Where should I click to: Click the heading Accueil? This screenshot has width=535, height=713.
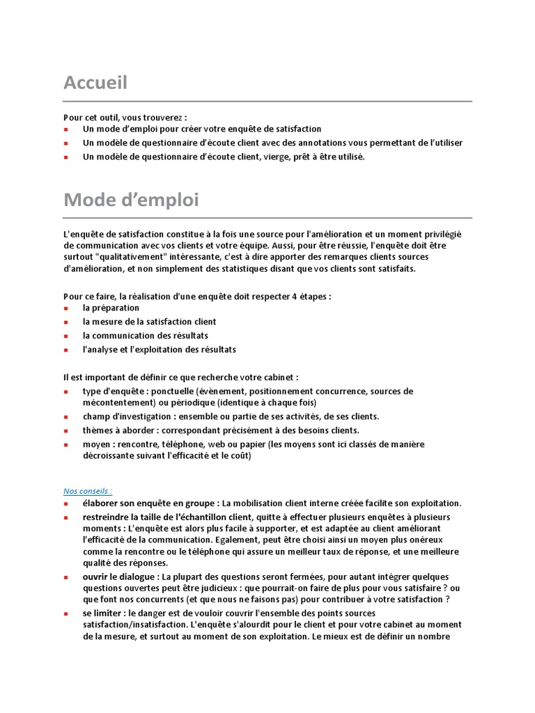(x=95, y=84)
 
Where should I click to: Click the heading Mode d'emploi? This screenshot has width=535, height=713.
(x=131, y=201)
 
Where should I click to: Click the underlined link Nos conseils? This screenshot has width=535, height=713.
(x=88, y=491)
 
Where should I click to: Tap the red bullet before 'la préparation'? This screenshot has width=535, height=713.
(x=66, y=308)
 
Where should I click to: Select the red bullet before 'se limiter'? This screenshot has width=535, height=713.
(x=66, y=613)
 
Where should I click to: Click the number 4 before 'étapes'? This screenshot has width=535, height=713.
(x=295, y=296)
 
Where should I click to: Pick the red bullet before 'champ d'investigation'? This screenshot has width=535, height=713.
(x=66, y=417)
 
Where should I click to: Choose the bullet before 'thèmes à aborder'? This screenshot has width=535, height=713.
(x=66, y=431)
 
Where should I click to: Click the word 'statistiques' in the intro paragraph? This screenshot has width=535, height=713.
(x=258, y=269)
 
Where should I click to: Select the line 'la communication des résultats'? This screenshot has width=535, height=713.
(x=145, y=336)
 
